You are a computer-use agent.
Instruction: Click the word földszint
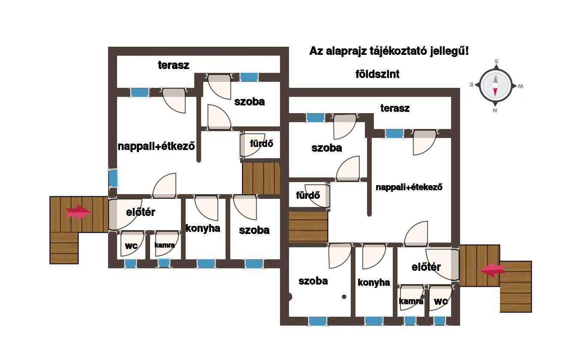pyautogui.click(x=377, y=74)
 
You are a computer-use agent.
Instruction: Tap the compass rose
pyautogui.click(x=496, y=85)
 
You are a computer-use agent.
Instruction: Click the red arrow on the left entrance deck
pyautogui.click(x=78, y=212)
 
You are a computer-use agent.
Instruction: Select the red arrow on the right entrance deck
pyautogui.click(x=493, y=270)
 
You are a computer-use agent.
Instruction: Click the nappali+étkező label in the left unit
pyautogui.click(x=156, y=146)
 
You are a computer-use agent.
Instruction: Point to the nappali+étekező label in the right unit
pyautogui.click(x=409, y=187)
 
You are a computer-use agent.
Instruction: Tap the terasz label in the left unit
pyautogui.click(x=174, y=65)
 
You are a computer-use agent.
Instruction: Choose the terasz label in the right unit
pyautogui.click(x=395, y=108)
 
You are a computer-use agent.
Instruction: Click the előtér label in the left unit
pyautogui.click(x=141, y=212)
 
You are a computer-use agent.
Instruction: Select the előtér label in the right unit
pyautogui.click(x=426, y=267)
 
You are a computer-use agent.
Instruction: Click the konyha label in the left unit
pyautogui.click(x=203, y=228)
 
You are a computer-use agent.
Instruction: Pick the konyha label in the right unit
pyautogui.click(x=374, y=282)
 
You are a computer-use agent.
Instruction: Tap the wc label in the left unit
pyautogui.click(x=131, y=246)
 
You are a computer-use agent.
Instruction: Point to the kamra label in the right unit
pyautogui.click(x=411, y=301)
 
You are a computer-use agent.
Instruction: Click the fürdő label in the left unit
pyautogui.click(x=262, y=144)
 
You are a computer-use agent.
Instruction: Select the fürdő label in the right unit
pyautogui.click(x=308, y=195)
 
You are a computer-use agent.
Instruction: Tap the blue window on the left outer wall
pyautogui.click(x=113, y=178)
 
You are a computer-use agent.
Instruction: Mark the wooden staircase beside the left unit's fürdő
pyautogui.click(x=261, y=178)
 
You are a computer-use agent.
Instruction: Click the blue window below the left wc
pyautogui.click(x=131, y=264)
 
